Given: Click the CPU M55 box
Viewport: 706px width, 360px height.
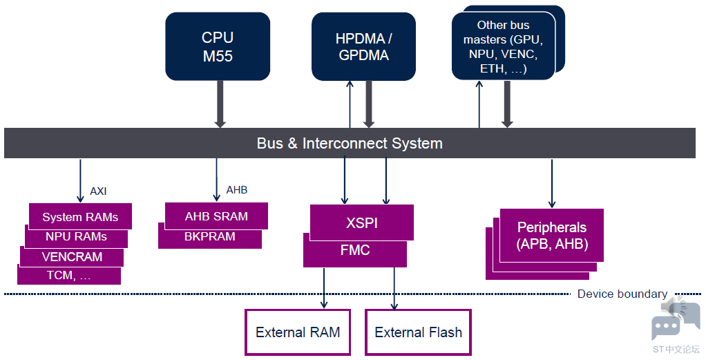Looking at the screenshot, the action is [218, 46].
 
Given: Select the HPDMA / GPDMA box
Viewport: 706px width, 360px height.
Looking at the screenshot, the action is [363, 46].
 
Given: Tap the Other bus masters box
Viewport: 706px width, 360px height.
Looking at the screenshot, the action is [504, 46].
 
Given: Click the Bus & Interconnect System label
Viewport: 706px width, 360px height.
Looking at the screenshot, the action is [350, 143].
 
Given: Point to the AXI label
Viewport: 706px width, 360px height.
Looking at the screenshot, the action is [98, 191].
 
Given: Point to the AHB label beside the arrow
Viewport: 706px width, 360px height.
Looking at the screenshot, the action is [237, 190].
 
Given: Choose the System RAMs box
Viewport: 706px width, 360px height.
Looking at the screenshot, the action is [80, 216].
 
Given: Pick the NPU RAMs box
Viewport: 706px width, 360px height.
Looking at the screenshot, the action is [76, 237].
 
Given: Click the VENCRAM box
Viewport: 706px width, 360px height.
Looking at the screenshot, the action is [72, 257].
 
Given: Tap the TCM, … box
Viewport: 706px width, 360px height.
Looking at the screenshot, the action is [69, 275].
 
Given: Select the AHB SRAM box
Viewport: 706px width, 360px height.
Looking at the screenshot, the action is [216, 216].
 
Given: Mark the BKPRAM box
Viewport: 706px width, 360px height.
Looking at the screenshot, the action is [210, 236].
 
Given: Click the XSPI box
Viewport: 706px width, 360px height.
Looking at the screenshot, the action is [361, 222].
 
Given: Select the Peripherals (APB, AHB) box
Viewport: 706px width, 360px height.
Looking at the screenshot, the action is [551, 235].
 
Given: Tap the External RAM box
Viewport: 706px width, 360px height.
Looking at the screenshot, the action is [298, 332].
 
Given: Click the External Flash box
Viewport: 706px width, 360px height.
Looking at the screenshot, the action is [419, 332].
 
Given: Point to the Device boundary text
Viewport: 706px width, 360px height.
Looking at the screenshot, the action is [622, 294].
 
